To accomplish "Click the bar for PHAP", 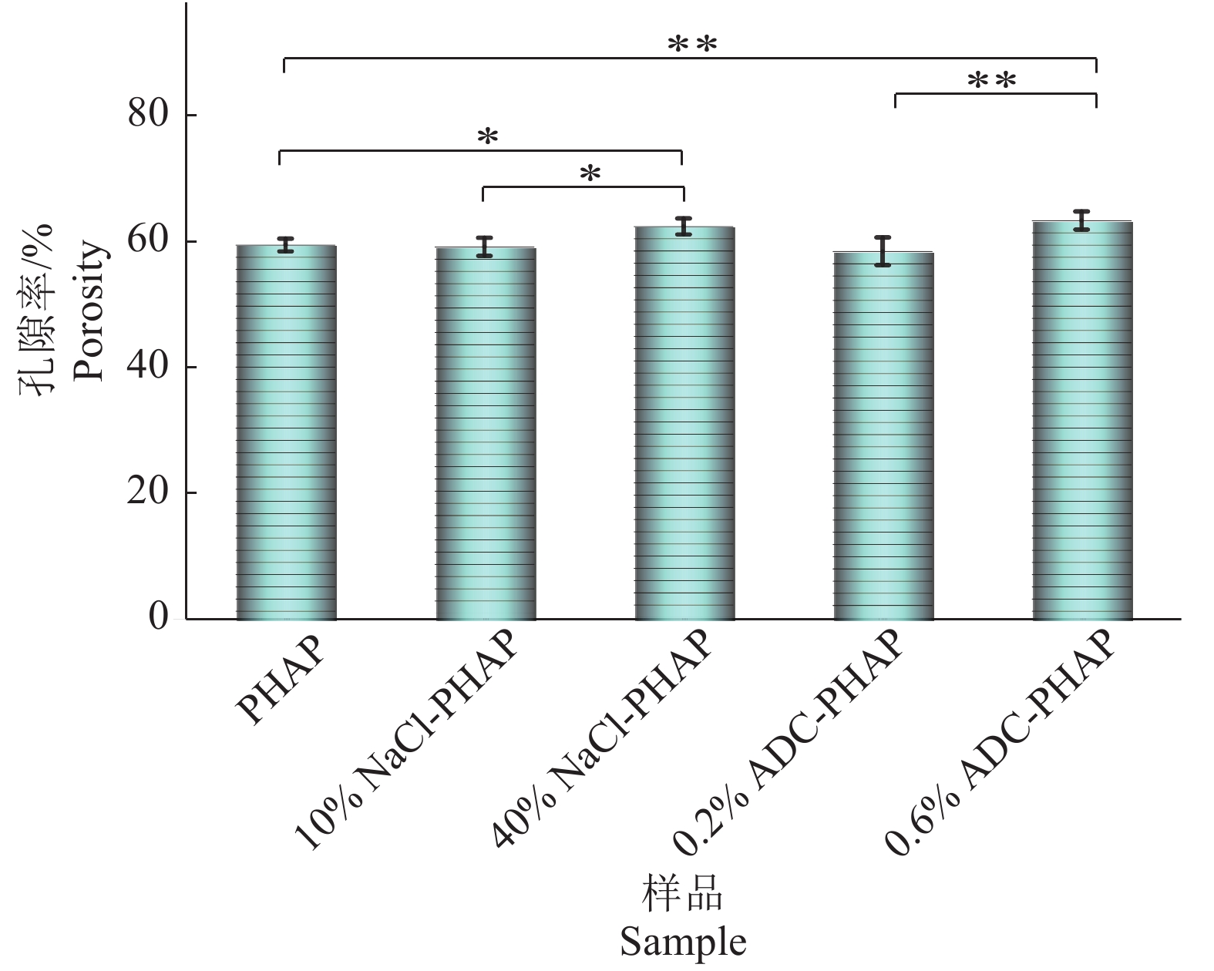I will [286, 432].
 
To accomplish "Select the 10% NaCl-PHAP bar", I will [485, 433].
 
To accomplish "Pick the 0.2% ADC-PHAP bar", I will [883, 435].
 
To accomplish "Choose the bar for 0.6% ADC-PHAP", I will [1082, 420].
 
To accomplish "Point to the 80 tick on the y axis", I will [148, 115].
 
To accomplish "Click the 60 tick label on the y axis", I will [148, 241].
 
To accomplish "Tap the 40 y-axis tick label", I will [148, 367].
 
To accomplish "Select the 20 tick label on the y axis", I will [148, 492].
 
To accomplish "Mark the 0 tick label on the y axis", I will [159, 618].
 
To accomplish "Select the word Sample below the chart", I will [683, 942].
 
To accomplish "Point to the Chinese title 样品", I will [683, 895].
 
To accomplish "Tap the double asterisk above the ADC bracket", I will [991, 80].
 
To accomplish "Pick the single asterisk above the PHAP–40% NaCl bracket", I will [488, 138].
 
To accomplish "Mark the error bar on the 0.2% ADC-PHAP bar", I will [883, 250].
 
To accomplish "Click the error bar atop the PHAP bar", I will [286, 245].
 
